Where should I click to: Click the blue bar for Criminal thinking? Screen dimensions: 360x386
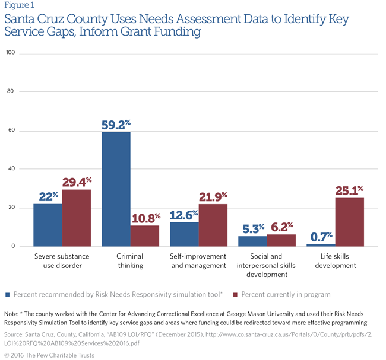point(116,189)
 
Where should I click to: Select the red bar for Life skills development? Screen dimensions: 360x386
point(349,222)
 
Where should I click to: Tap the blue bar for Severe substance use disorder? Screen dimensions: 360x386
point(48,225)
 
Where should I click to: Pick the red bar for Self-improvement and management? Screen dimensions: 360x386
point(213,225)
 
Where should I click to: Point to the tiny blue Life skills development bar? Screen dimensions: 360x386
point(321,245)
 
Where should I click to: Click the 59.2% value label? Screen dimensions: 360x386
point(116,125)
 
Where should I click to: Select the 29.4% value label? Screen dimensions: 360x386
point(77,182)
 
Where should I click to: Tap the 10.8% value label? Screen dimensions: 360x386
point(145,218)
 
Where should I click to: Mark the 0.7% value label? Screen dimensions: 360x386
point(321,237)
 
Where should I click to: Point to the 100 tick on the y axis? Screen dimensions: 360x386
point(10,53)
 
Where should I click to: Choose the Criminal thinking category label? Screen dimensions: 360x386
point(131,261)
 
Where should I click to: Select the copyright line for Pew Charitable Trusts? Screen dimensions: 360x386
point(48,354)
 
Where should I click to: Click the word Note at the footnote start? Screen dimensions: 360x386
point(11,313)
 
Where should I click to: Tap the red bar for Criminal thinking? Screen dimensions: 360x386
point(145,235)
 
